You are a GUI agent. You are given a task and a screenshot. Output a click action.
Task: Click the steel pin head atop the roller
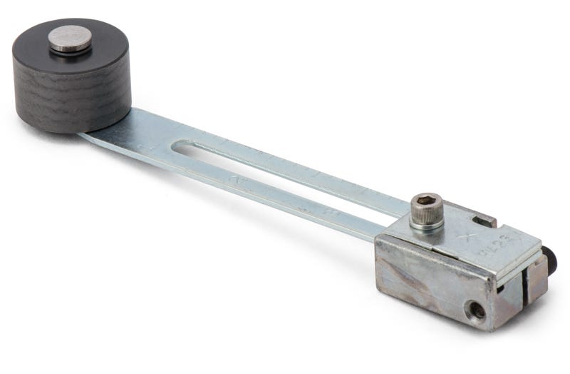[70, 37]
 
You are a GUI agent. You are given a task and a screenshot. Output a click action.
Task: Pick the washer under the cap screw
[427, 226]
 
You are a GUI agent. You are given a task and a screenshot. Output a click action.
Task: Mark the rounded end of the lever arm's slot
[184, 149]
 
